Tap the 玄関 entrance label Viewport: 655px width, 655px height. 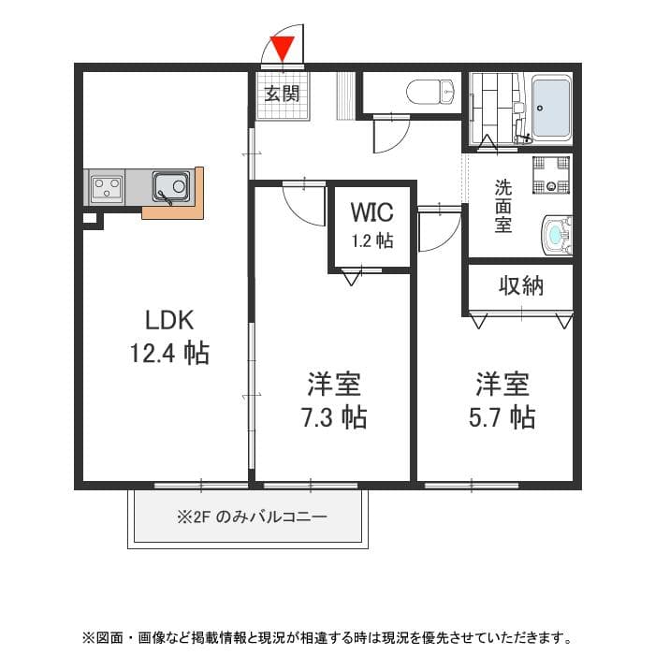pos(282,93)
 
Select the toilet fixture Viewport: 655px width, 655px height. pos(431,92)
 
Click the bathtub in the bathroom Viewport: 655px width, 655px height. pos(552,108)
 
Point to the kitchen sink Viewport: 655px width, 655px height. pos(171,186)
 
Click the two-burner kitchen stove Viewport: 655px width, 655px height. pos(106,187)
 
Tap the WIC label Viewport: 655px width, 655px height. pos(372,211)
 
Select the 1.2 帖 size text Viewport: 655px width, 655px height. pos(372,240)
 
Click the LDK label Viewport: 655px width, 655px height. pos(169,320)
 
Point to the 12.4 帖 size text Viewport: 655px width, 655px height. pos(169,354)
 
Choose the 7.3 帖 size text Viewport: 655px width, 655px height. pos(333,416)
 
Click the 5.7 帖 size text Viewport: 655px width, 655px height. pos(502,416)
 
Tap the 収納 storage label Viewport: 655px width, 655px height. pos(520,286)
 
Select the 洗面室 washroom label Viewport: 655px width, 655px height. pos(503,205)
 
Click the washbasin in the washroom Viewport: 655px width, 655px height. pos(557,234)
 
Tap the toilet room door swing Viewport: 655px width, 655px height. pos(388,133)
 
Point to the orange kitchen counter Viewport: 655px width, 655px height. pos(173,211)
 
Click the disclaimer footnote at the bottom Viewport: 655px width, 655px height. pos(327,637)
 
